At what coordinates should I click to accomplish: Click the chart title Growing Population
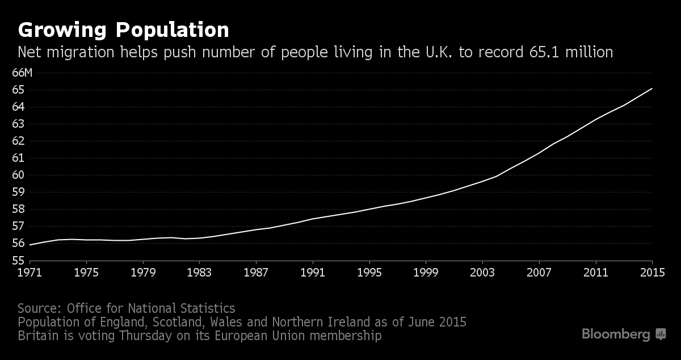[123, 30]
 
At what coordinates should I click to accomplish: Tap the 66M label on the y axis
[23, 73]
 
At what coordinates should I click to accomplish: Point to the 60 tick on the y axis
[18, 175]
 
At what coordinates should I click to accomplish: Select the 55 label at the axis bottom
[18, 261]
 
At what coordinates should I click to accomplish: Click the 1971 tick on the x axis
[29, 272]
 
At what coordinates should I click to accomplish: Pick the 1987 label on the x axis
[256, 272]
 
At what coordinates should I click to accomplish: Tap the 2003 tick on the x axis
[482, 272]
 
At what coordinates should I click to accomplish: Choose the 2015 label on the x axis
[652, 272]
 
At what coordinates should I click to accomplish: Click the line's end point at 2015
[652, 88]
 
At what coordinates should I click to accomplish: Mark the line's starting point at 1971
[30, 245]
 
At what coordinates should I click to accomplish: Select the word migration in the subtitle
[81, 53]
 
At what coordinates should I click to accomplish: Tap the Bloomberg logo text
[616, 334]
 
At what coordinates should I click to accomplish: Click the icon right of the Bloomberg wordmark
[661, 334]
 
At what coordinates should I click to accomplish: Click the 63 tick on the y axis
[18, 124]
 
